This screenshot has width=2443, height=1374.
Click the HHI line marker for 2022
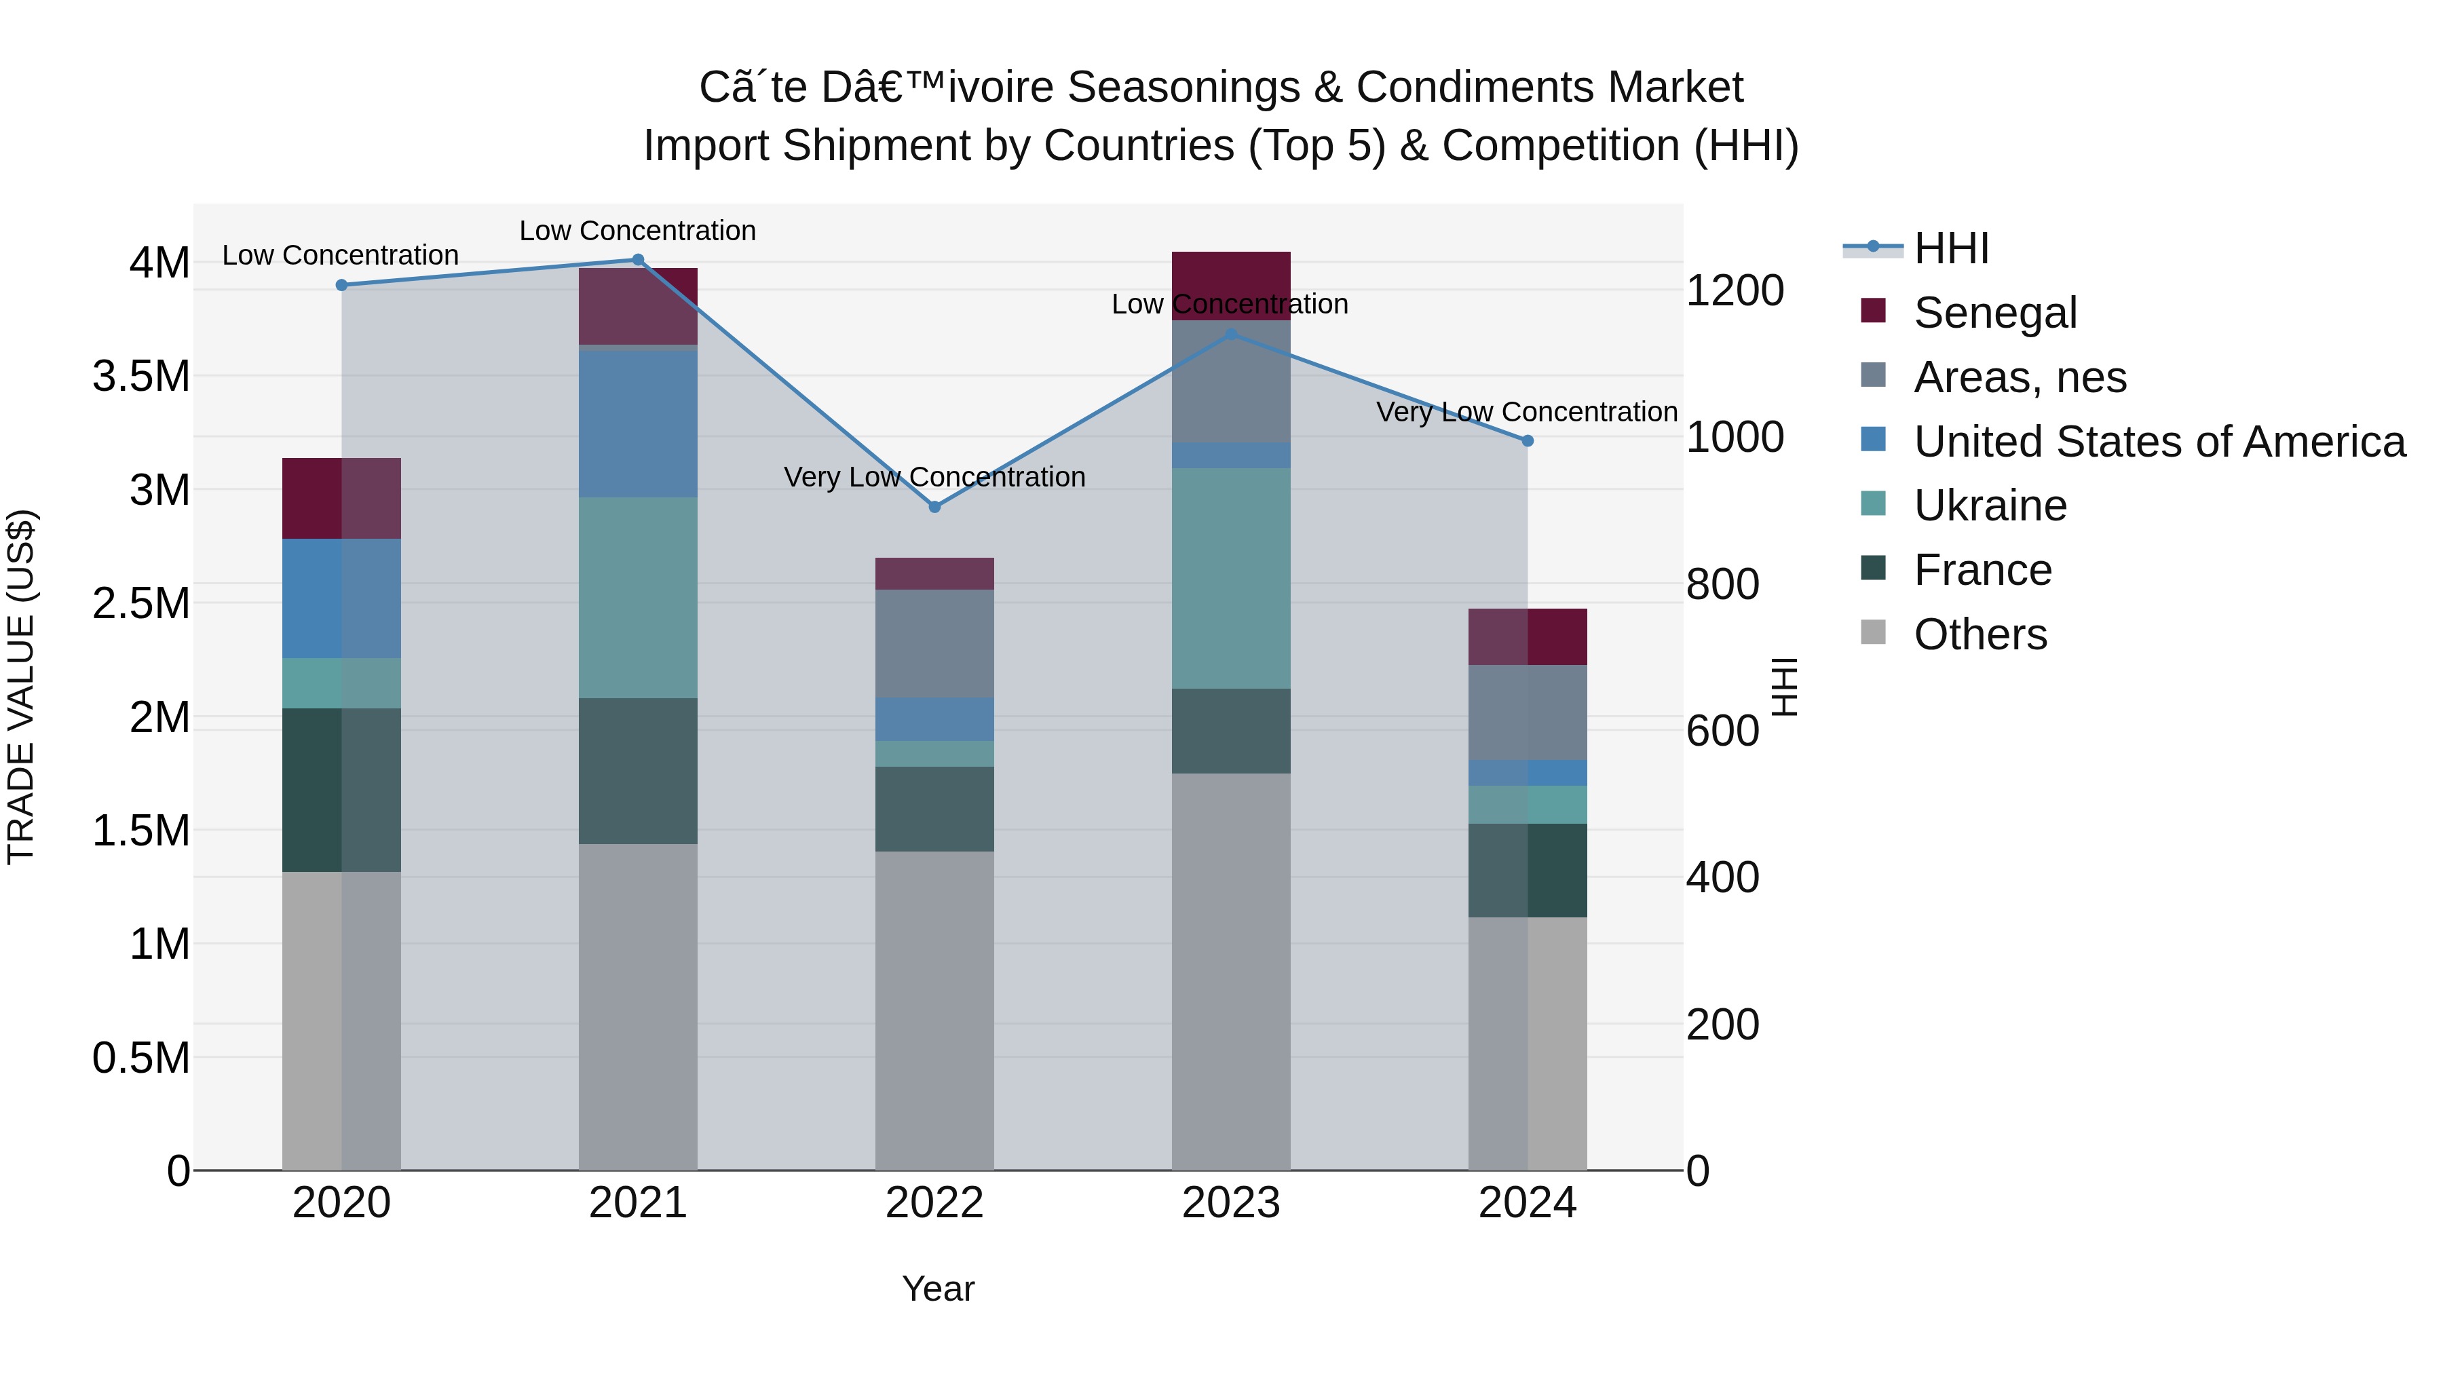[x=934, y=508]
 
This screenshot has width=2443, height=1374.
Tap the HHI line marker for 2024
[x=1527, y=441]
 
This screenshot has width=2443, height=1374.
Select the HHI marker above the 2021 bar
[x=637, y=260]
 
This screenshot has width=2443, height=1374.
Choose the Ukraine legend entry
[x=1990, y=505]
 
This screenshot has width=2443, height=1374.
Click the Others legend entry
[x=1980, y=634]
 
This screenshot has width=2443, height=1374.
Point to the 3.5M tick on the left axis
[x=140, y=377]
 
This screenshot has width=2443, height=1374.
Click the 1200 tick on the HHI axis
[x=1735, y=290]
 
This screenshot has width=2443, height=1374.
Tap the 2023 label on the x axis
[x=1230, y=1203]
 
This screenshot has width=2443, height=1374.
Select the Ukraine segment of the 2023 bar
[x=1230, y=578]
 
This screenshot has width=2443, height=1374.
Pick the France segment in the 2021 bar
[x=637, y=771]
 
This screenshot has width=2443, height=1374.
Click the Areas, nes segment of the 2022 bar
[x=934, y=644]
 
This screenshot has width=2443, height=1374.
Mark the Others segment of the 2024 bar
[x=1527, y=1043]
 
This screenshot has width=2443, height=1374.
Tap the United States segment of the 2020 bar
[x=341, y=598]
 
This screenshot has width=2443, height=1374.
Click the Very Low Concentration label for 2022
[x=934, y=477]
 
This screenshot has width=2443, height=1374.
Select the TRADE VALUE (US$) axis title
[x=21, y=687]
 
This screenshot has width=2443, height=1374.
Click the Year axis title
[x=938, y=1289]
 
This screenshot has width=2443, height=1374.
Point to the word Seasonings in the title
[x=1184, y=88]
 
